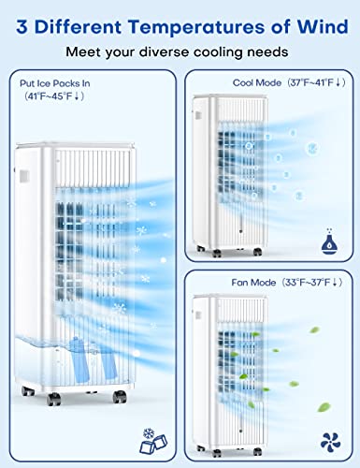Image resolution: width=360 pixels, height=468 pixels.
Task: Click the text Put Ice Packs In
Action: coord(53,82)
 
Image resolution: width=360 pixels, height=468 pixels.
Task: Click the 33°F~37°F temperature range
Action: coord(313,281)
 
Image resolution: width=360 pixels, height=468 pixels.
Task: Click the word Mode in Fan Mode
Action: coord(267,281)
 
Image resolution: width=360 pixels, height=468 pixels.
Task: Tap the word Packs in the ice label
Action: coord(63,82)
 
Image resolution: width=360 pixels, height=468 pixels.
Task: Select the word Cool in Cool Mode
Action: coord(245,82)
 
